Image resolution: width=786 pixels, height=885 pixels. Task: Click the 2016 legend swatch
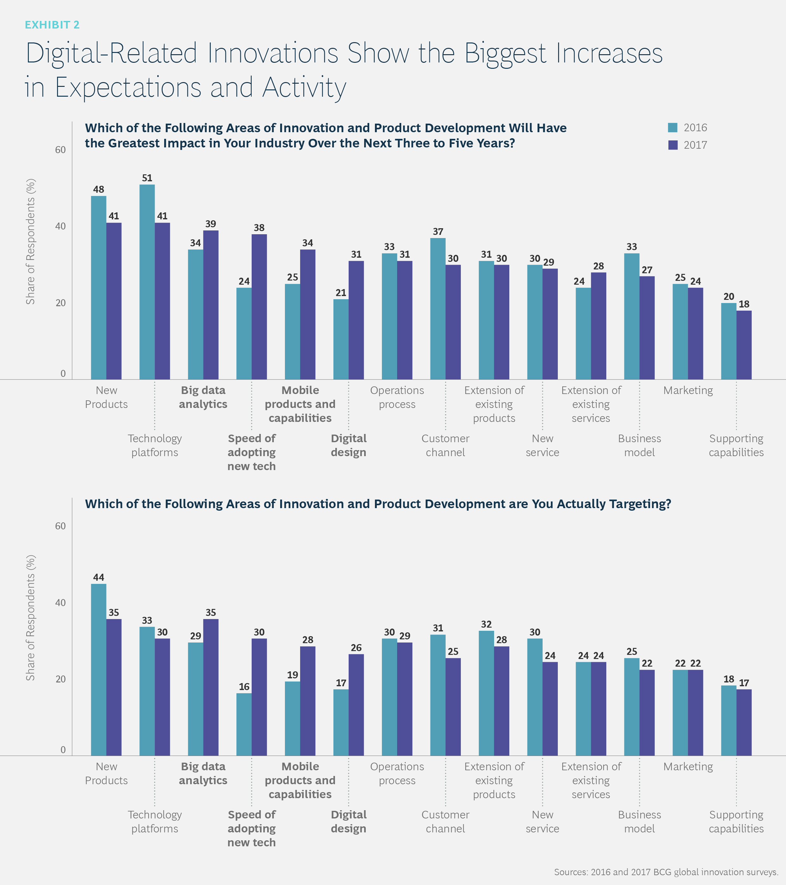click(673, 128)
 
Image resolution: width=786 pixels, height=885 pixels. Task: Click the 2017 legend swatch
click(673, 145)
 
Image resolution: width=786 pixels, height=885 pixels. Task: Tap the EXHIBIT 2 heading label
click(52, 25)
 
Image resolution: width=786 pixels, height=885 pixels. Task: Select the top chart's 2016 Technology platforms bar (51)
click(147, 281)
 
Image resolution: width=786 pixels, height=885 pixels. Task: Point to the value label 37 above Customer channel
click(438, 232)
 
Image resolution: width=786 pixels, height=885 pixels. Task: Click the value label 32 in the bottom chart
click(486, 624)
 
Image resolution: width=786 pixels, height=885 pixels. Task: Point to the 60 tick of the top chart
click(60, 150)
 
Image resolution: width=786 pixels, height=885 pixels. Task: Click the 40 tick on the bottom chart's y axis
click(60, 603)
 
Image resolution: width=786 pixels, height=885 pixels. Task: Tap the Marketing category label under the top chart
click(688, 391)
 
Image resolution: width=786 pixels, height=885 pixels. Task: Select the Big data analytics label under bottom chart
click(203, 773)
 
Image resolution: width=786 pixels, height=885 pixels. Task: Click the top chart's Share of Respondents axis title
click(30, 242)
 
